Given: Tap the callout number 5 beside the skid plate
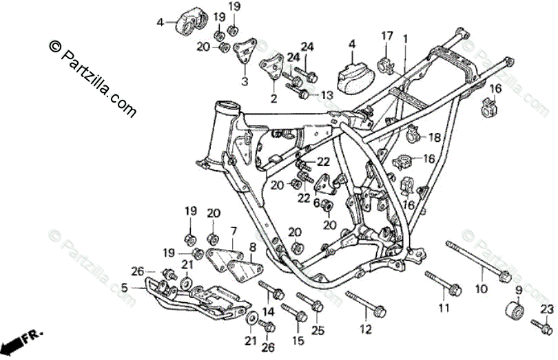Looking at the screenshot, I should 125,288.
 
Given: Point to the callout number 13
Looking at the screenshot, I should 326,95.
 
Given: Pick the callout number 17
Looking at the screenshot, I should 387,36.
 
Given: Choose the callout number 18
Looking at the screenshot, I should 433,138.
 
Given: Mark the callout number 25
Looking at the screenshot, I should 317,331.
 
